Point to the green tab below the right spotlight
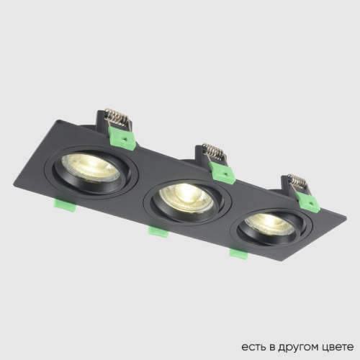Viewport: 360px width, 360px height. (237, 252)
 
